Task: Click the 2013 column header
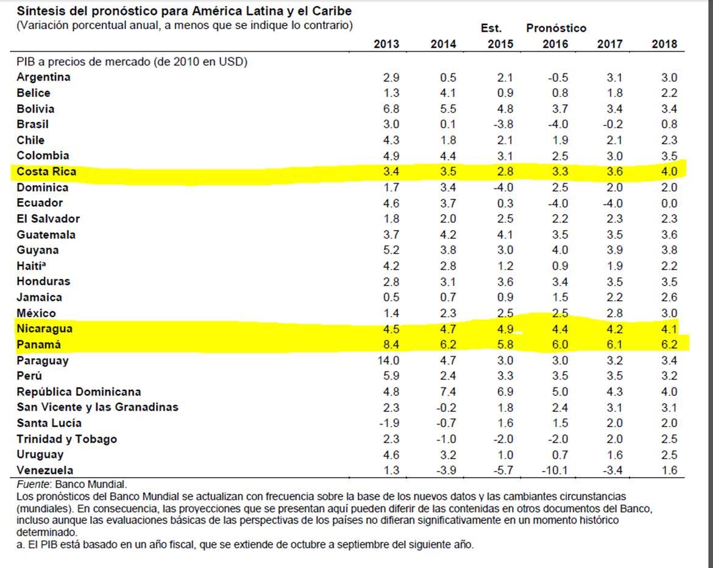click(386, 44)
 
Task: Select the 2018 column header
click(664, 44)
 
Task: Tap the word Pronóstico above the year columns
click(556, 28)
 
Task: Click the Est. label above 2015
click(491, 28)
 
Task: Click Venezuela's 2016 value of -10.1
click(554, 470)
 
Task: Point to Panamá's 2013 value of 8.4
click(390, 345)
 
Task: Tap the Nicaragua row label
click(44, 329)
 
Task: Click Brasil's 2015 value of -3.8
click(503, 124)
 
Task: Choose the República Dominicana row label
click(79, 392)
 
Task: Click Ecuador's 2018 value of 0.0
click(669, 203)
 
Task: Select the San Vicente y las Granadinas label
click(98, 408)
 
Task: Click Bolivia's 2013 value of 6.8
click(390, 109)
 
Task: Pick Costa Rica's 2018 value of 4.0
click(669, 171)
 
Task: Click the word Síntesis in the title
click(38, 12)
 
